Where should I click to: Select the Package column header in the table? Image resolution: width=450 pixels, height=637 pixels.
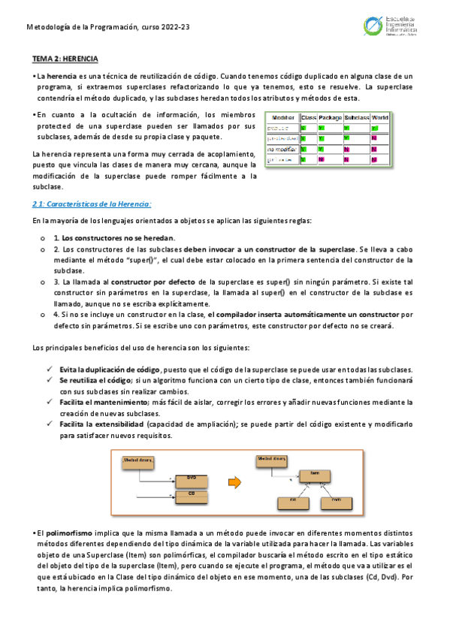pos(330,117)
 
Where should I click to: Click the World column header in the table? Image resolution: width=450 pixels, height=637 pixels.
pos(380,117)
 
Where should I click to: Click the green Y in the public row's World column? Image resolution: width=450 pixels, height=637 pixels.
pos(373,128)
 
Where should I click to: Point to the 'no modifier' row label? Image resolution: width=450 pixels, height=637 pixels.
pos(282,149)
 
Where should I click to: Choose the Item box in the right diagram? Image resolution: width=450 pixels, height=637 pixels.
pos(315,472)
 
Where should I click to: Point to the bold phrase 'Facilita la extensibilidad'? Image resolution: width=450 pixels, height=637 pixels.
pos(101,424)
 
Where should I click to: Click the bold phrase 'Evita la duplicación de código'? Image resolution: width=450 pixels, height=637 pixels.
pos(110,370)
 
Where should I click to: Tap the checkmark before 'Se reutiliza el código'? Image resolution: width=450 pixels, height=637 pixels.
pos(50,381)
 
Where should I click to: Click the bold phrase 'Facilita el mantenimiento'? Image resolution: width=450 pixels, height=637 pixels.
pos(103,403)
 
